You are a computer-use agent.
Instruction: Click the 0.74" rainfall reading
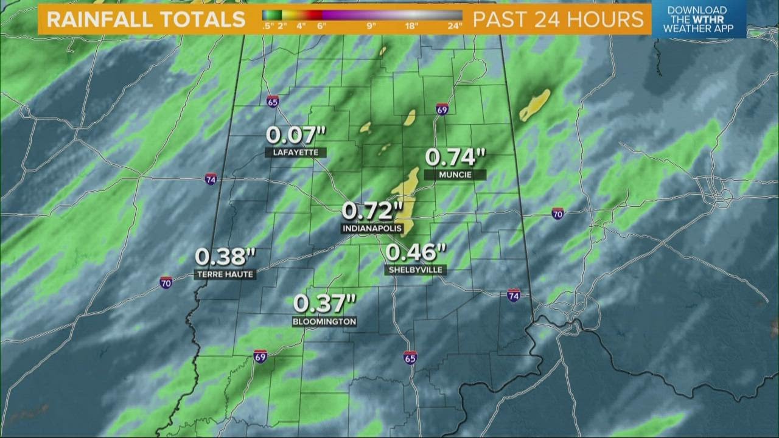coord(455,157)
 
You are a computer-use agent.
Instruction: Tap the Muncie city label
coord(455,175)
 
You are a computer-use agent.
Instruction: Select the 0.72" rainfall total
coord(372,211)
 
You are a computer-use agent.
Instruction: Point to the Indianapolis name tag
coord(372,228)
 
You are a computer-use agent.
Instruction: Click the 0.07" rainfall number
coord(296,136)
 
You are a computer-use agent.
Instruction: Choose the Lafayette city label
coord(296,153)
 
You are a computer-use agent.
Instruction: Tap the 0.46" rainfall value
coord(416,252)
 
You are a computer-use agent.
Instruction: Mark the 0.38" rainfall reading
coord(225,257)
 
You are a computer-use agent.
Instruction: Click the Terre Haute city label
coord(225,274)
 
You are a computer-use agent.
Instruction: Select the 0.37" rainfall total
coord(324,303)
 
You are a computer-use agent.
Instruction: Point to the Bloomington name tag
coord(324,321)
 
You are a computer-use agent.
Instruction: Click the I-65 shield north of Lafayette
coord(273,101)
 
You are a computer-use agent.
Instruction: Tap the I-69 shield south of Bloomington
coord(260,356)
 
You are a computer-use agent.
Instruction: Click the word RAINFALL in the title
coord(100,19)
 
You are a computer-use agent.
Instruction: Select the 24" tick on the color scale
coord(454,26)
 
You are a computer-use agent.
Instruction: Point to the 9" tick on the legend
coord(371,26)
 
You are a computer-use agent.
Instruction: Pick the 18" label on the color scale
coord(412,26)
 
